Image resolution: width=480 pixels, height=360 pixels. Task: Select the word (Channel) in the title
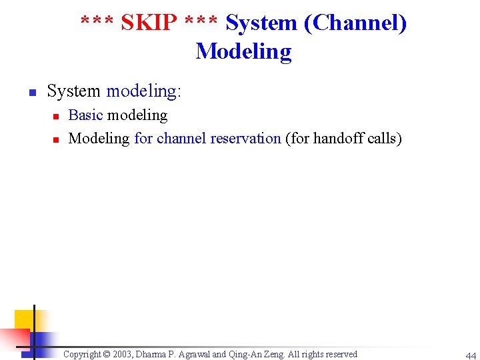coord(355,23)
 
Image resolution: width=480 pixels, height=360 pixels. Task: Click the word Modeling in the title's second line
coord(243,51)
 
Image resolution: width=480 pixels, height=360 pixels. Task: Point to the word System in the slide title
coord(262,23)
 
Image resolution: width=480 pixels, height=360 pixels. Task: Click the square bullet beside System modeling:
coord(31,91)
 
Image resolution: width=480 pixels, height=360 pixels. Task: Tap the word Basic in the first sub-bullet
coord(85,115)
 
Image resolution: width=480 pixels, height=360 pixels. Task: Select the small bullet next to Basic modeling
coord(57,116)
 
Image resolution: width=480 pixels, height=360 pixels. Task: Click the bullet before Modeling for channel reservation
coord(57,139)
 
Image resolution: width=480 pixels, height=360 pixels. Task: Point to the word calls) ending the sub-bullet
coord(384,139)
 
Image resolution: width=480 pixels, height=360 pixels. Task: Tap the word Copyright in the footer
coord(83,354)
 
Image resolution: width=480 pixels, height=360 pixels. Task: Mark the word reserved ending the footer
coord(340,354)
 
